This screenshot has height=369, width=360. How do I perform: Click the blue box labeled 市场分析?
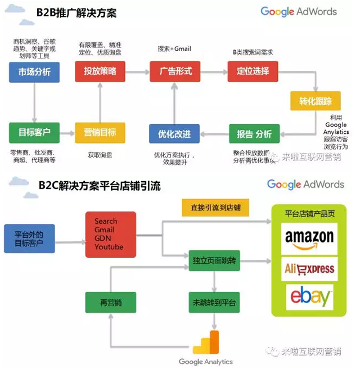click(x=34, y=72)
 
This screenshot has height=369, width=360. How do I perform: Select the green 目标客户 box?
click(x=34, y=133)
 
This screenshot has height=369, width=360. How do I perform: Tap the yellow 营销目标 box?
click(x=100, y=133)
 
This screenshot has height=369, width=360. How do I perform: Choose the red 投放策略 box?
click(x=100, y=72)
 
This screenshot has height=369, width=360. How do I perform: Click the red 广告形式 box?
click(x=175, y=72)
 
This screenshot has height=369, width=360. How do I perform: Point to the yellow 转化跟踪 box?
click(x=311, y=102)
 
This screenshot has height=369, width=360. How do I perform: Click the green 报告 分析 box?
click(x=255, y=134)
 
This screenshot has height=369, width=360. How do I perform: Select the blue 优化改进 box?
click(x=174, y=134)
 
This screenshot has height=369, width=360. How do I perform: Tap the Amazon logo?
click(x=309, y=239)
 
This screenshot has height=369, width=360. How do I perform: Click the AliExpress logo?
click(x=309, y=269)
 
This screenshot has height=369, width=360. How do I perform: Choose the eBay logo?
click(x=309, y=298)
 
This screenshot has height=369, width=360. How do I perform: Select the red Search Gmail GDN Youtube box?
click(x=110, y=234)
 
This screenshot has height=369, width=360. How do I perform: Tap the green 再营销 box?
click(x=111, y=303)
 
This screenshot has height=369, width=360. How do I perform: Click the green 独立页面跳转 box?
click(x=214, y=262)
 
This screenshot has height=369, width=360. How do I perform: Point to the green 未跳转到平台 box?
click(x=214, y=303)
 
